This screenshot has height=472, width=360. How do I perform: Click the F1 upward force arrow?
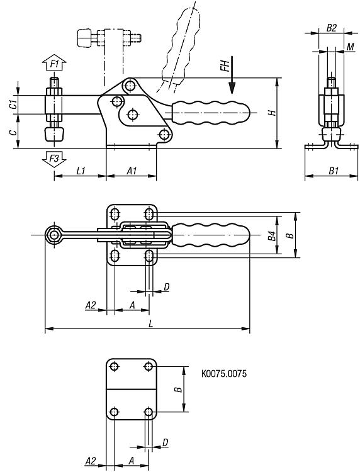[54, 62]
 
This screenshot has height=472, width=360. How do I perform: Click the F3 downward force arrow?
[54, 159]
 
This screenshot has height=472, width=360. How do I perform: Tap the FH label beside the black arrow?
[225, 65]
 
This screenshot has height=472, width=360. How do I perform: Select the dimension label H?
[272, 113]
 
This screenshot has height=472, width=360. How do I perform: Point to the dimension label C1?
[13, 104]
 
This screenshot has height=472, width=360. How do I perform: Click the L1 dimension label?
[81, 171]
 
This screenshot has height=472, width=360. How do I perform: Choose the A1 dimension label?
[132, 171]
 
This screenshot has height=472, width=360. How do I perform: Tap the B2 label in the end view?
[331, 28]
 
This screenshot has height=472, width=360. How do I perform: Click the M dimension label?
[351, 47]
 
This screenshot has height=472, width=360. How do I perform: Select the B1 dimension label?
[334, 171]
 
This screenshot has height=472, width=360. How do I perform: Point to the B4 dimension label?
[272, 236]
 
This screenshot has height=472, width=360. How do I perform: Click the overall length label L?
[151, 324]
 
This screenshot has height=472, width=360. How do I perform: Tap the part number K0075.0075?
[223, 374]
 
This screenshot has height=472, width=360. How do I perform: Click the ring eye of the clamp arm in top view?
[54, 235]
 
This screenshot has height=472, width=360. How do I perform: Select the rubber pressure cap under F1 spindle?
[55, 133]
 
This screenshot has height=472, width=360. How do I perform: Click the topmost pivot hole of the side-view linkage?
[130, 85]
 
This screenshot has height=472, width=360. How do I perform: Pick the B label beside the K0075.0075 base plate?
[179, 389]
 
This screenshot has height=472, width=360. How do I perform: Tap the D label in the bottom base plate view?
[166, 442]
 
